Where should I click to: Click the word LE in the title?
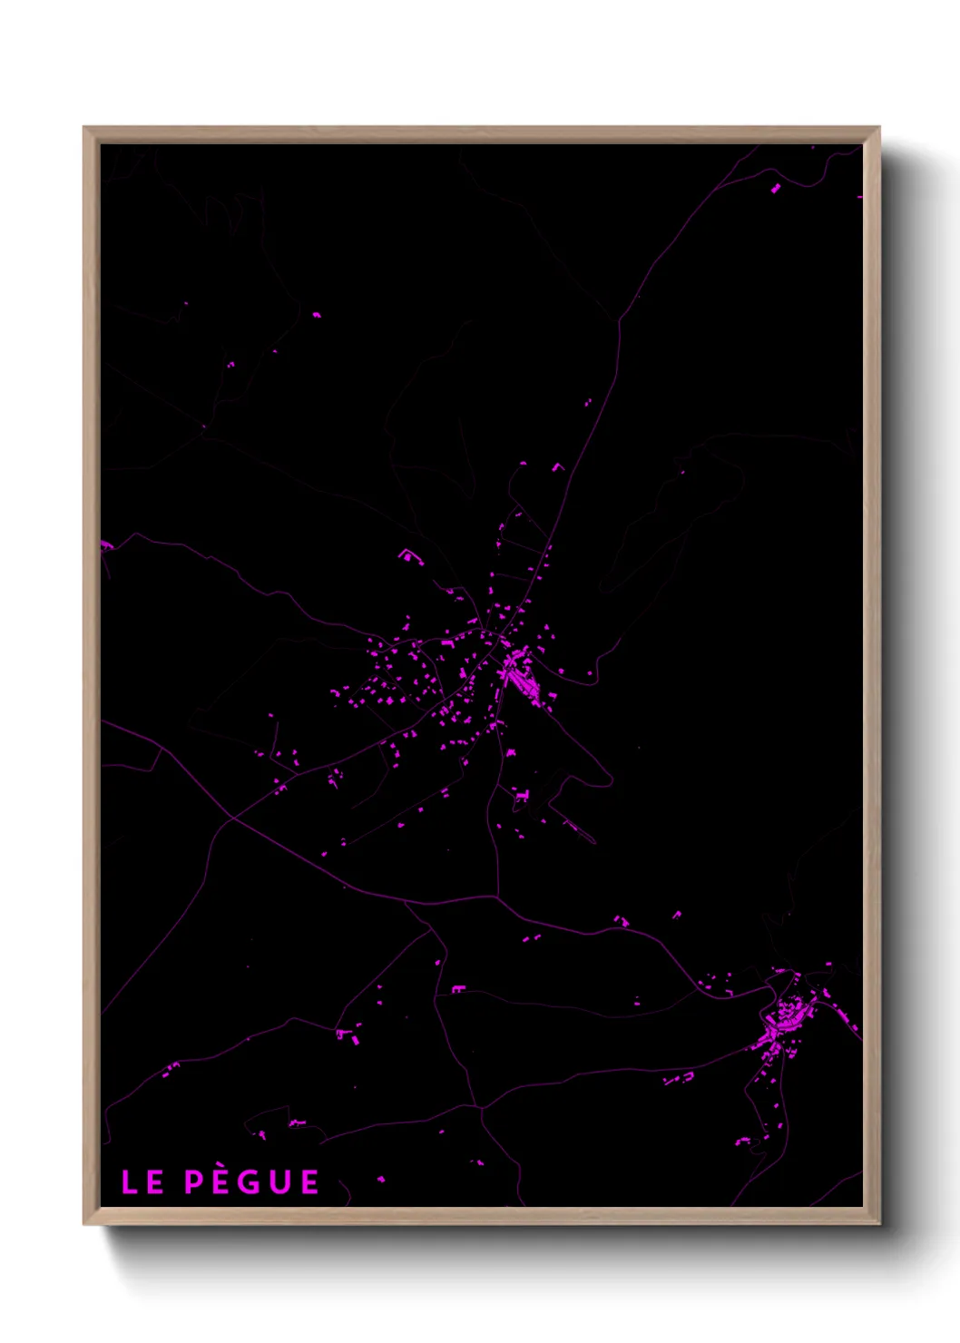coord(142,1182)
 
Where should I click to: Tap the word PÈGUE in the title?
coord(251,1181)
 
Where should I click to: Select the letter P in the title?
coord(192,1182)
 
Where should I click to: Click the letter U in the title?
coord(279,1182)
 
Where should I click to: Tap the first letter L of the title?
coord(130,1182)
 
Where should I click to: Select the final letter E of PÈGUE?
coord(309,1182)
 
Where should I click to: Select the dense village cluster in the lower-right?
coord(782,1021)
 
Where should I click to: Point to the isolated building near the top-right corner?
coord(776,189)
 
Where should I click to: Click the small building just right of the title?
coord(381,1179)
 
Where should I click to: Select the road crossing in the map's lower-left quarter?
coord(231,819)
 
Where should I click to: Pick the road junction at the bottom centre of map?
coord(480,1107)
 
